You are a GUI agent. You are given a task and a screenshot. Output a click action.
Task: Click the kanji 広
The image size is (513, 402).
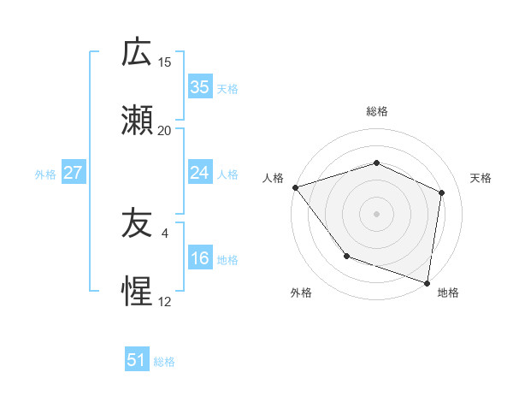coord(137,54)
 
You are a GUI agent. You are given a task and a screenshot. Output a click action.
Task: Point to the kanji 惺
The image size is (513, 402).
coord(137,293)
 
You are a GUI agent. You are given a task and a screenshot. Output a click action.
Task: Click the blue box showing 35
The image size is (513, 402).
coord(199,87)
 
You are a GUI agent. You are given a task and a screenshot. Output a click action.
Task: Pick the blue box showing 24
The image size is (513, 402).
coord(199,173)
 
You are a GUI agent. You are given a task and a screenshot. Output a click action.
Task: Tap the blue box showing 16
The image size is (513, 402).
coord(199,259)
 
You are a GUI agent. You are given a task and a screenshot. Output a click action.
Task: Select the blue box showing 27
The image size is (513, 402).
coord(73,173)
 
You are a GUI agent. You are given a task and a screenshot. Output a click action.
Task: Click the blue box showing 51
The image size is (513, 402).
coord(137,360)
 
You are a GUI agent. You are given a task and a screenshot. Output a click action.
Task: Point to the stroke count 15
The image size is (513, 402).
coord(165,62)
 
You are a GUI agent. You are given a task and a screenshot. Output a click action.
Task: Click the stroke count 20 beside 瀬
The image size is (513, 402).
coord(165,130)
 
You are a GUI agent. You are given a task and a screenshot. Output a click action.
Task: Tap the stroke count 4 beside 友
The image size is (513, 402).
coord(165,233)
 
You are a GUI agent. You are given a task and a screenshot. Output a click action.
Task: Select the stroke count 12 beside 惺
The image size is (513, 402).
coord(165,301)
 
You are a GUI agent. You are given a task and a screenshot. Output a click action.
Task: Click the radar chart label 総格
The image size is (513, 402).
coord(377,111)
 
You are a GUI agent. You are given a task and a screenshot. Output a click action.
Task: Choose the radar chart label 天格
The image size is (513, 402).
coord(481,178)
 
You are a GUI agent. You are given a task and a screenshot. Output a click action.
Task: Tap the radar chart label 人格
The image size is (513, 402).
coord(273,178)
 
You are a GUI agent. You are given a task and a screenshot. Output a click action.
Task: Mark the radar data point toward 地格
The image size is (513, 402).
coord(427,282)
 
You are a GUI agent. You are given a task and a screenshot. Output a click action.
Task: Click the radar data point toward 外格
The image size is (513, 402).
coord(346,256)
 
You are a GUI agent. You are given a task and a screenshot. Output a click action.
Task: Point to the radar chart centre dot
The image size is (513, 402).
coord(377,214)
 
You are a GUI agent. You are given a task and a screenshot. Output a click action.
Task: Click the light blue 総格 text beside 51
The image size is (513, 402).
coord(164,362)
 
